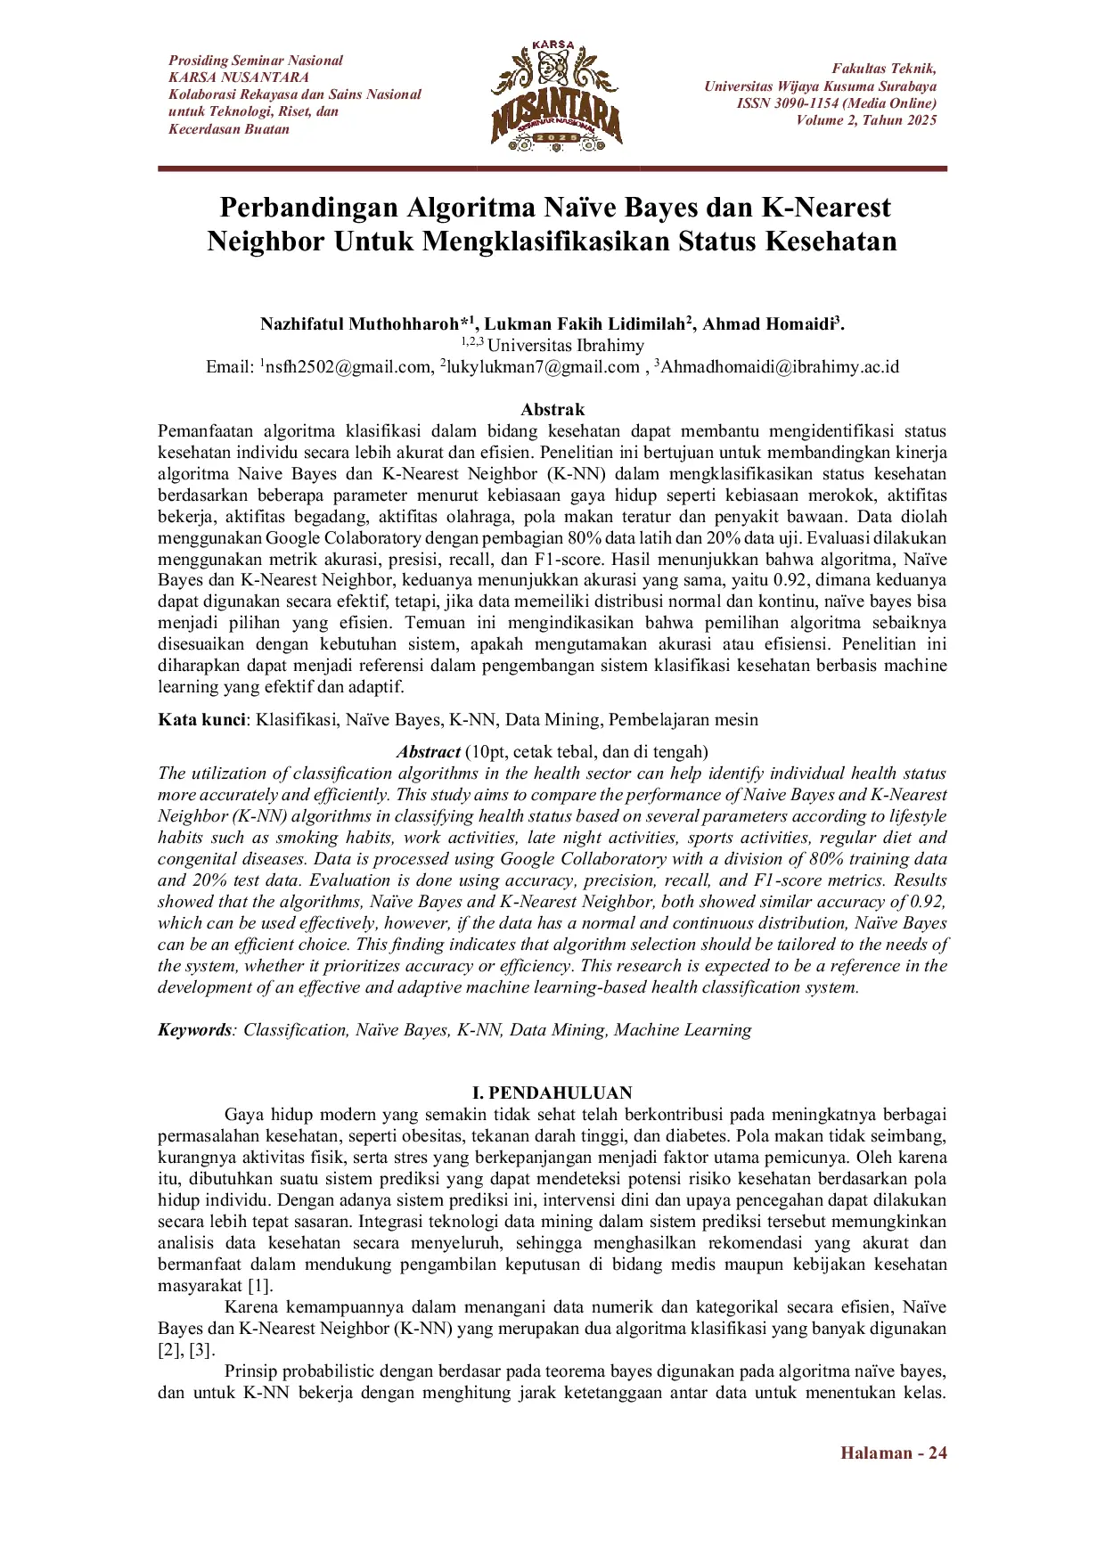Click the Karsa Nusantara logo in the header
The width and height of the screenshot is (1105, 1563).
coord(555,95)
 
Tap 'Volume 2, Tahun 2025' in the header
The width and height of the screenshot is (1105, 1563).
coord(866,120)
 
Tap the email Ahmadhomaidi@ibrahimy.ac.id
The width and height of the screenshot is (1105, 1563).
coord(779,367)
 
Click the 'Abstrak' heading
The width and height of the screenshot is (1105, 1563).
coord(552,410)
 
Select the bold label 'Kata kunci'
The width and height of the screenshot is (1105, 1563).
coord(201,720)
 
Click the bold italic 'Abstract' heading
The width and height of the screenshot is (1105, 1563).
coord(429,752)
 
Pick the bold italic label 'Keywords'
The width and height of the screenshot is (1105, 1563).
coord(194,1030)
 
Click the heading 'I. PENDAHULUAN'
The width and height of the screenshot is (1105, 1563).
coord(552,1093)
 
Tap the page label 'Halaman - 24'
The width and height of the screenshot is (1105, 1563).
coord(893,1453)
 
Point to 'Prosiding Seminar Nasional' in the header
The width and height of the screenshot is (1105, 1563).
coord(256,61)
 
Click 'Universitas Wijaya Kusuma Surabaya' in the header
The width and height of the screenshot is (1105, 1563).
coord(820,86)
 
